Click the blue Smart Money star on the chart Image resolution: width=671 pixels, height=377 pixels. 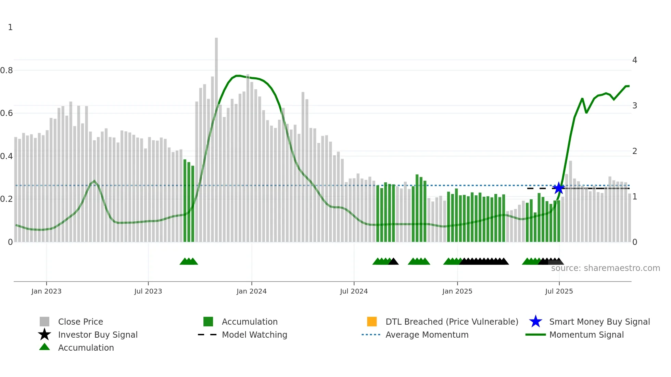point(559,188)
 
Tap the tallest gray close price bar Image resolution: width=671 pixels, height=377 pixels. point(216,137)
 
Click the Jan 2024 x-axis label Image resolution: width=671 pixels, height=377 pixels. point(251,291)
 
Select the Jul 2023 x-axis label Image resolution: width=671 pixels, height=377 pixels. point(148,291)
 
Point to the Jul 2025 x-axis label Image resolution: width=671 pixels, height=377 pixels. point(559,291)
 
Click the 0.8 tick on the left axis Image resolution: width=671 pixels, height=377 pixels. point(7,70)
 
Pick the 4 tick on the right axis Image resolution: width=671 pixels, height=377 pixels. point(634,60)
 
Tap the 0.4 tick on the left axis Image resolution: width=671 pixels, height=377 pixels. point(7,156)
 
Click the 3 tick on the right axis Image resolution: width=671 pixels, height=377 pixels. point(634,106)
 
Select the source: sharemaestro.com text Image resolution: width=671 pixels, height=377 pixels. point(605,268)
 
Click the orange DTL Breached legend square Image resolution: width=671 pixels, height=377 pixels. point(372,322)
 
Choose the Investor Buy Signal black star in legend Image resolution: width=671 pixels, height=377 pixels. point(45,335)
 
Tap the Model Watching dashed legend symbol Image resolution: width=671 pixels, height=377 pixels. point(207,335)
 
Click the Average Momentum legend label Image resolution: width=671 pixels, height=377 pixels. point(427,335)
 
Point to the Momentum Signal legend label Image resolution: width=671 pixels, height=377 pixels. point(586,335)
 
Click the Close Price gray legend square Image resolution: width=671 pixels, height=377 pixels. point(45,322)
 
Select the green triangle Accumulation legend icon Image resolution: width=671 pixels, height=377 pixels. point(45,347)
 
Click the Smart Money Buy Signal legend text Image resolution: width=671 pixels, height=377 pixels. point(599,322)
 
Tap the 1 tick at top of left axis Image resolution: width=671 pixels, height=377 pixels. point(10,27)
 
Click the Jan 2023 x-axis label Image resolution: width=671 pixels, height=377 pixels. point(46,291)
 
